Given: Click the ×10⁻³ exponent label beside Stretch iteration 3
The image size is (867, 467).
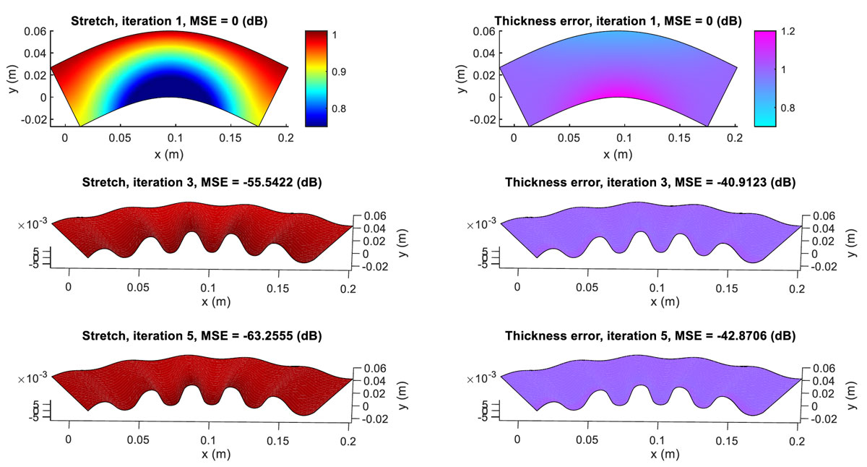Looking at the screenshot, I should coord(33,226).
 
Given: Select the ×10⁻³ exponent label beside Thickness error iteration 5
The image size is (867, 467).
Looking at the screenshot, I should coord(482,377).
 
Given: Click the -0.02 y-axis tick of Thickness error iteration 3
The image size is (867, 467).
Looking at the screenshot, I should coord(820,266).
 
